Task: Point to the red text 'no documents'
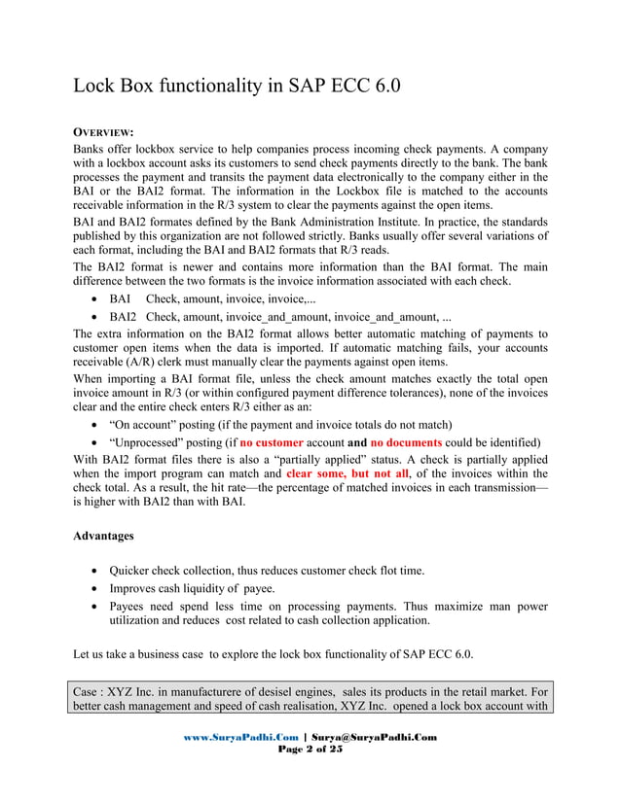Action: coord(408,441)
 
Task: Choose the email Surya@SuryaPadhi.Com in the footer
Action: coord(373,737)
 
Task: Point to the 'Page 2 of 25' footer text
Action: coord(310,750)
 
